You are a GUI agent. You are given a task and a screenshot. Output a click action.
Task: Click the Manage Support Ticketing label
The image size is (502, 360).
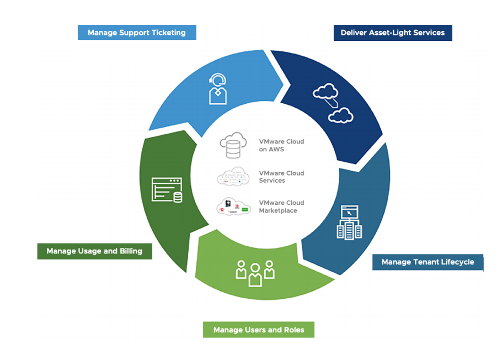point(136,33)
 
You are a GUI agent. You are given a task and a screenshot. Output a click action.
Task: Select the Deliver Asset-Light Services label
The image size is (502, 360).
point(392,33)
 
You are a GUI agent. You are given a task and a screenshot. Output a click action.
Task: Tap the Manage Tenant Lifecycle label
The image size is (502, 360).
point(428,262)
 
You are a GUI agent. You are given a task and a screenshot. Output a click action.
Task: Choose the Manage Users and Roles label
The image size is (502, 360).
point(258,330)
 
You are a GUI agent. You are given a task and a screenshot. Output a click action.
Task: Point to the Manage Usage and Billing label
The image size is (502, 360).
point(94,251)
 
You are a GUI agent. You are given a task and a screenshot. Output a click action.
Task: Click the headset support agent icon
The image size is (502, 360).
point(218,88)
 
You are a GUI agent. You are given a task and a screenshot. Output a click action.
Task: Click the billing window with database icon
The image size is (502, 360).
point(167,190)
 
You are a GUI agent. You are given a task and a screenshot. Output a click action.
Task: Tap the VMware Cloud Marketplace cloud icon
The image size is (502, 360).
point(233,207)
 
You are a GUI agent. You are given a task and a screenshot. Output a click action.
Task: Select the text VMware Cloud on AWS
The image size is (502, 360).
point(281,146)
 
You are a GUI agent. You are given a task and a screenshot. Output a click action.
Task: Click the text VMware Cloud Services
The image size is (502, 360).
point(281,177)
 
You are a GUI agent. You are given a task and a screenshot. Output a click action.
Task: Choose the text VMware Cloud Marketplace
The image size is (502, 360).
point(281,207)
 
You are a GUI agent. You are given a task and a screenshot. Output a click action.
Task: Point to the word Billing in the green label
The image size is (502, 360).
point(128,251)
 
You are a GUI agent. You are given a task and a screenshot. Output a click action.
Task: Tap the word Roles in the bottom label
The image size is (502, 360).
point(293,330)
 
